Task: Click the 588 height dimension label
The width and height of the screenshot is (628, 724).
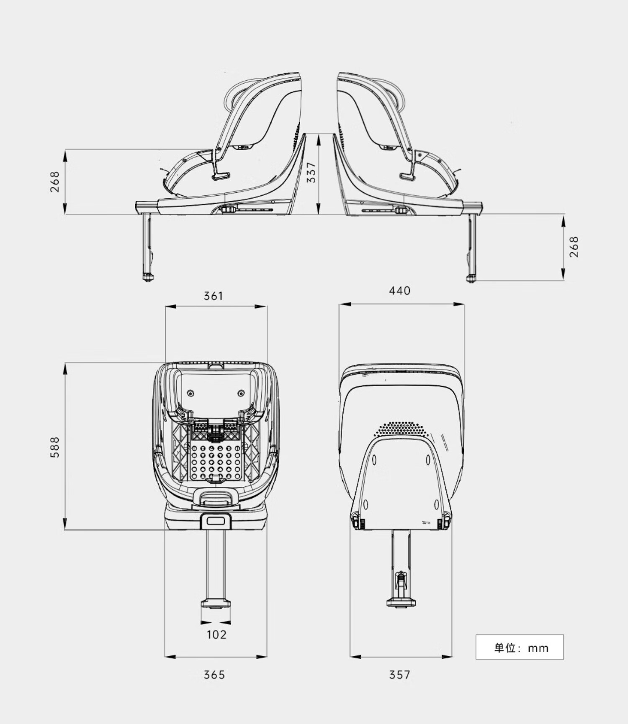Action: (x=55, y=447)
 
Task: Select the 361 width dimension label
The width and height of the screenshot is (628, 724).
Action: (x=214, y=296)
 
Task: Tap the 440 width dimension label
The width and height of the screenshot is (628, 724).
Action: (x=400, y=290)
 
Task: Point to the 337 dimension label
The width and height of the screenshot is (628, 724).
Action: (x=311, y=172)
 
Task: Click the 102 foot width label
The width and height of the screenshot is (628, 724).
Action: (x=216, y=634)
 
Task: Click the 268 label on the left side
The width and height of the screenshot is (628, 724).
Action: (x=55, y=182)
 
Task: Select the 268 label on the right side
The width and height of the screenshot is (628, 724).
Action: (x=574, y=247)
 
